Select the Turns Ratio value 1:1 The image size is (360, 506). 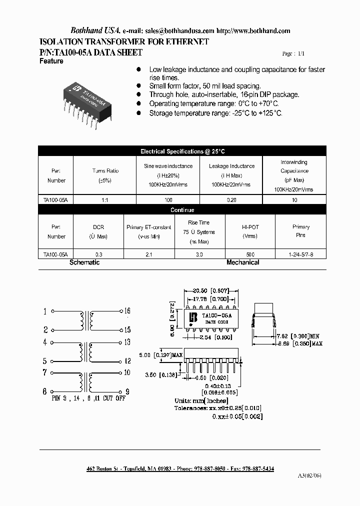coord(105,199)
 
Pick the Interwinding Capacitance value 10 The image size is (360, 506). coord(294,199)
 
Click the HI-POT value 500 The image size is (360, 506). coord(250,254)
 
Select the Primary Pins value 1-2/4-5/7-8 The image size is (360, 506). coord(301,254)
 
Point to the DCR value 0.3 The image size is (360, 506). coord(98,254)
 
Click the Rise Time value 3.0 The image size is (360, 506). coord(199,254)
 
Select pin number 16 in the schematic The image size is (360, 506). coord(127,311)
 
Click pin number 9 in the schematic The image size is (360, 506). coord(127,391)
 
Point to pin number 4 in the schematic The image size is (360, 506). coord(45,342)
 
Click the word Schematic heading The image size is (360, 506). coord(84,262)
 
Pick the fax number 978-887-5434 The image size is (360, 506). coord(256,468)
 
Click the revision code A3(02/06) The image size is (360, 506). coord(310,475)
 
